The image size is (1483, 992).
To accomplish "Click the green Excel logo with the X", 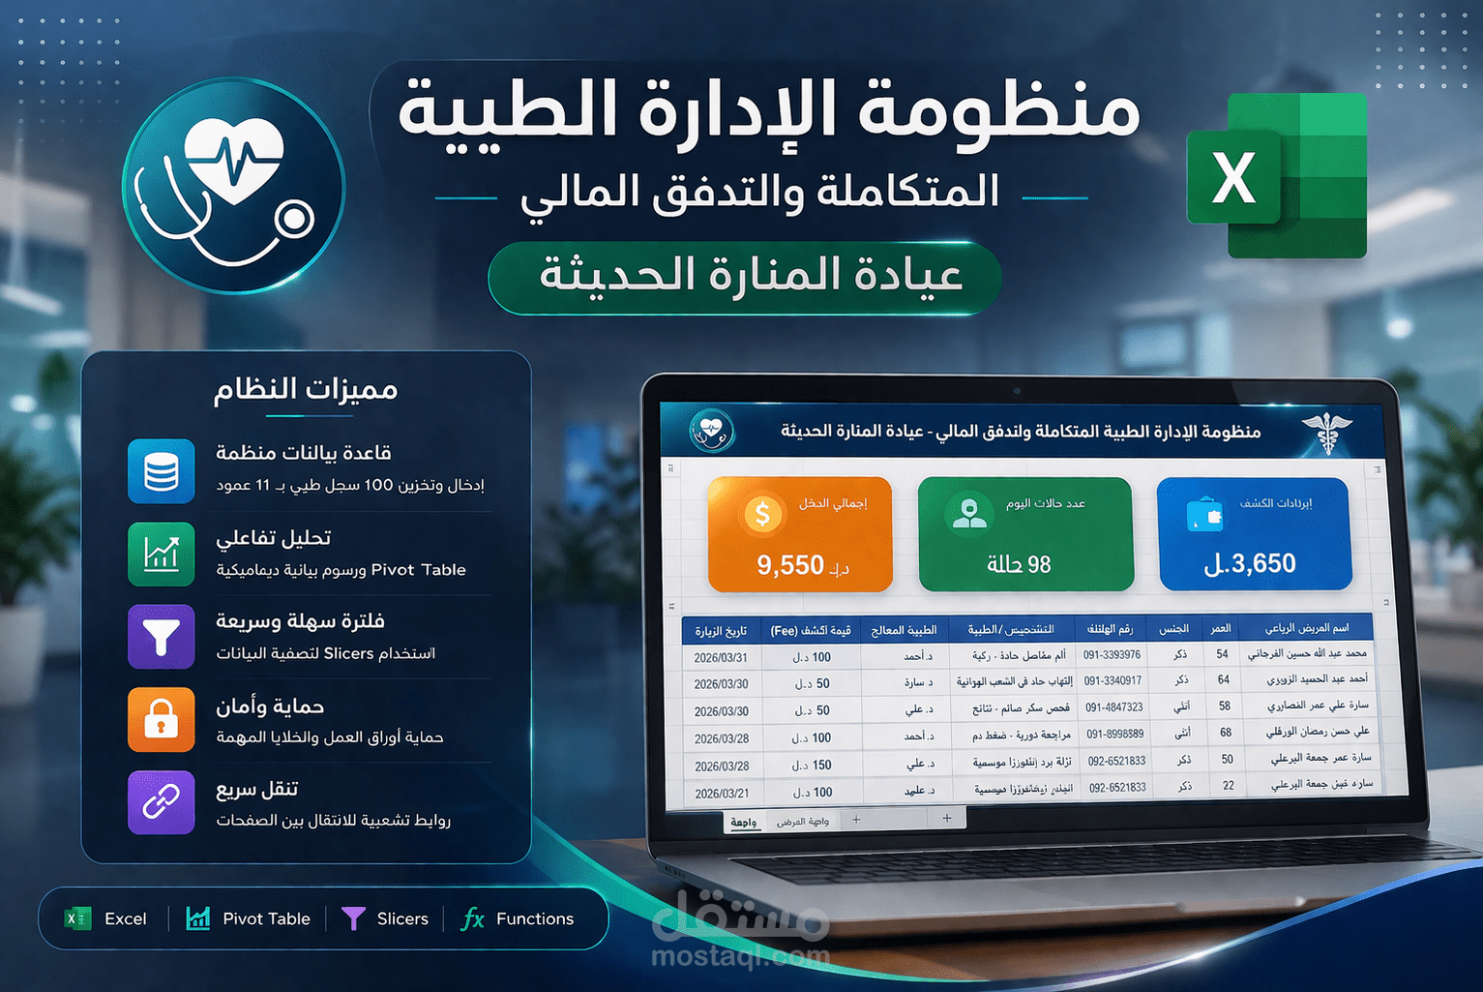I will coord(1276,176).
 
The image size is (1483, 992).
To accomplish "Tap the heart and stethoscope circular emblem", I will coord(233,185).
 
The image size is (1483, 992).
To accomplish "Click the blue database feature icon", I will coord(162,471).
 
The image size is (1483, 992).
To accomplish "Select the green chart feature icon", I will coord(162,555).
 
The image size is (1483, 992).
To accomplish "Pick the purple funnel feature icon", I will coord(162,637).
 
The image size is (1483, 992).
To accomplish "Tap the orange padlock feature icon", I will coord(162,720).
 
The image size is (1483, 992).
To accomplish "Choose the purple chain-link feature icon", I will coord(162,802).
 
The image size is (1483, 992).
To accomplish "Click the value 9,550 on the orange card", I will coord(790,565).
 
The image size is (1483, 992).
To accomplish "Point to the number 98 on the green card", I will coord(1039,564).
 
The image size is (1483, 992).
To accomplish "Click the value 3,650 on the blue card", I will coord(1262,563).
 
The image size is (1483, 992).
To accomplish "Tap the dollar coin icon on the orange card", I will coord(762,514).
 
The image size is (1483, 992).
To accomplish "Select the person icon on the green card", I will coord(968,513).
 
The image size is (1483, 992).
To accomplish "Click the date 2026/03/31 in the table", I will coord(721,658).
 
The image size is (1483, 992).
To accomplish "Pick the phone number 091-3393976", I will coord(1112,655).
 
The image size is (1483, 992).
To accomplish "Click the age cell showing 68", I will coord(1225,733).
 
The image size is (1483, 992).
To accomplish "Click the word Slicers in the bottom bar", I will coord(401,918).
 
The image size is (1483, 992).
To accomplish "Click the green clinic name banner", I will coord(745,277).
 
